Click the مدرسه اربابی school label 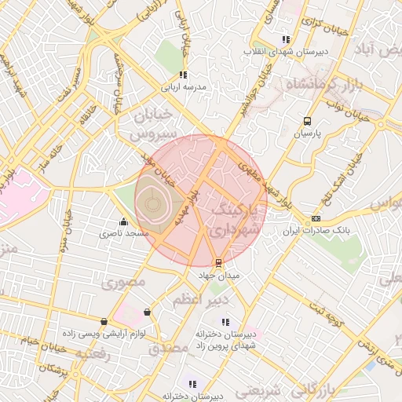click(x=182, y=88)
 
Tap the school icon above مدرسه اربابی click(x=182, y=75)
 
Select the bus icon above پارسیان click(x=307, y=122)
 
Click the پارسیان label click(x=308, y=134)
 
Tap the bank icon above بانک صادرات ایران click(x=316, y=218)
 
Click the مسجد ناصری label click(x=123, y=234)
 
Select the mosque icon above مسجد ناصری click(x=123, y=221)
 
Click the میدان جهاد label click(x=218, y=276)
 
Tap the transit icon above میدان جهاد click(x=218, y=263)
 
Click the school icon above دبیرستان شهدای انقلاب click(x=286, y=38)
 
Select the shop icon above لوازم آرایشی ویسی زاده click(x=104, y=321)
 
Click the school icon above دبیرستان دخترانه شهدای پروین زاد click(x=225, y=321)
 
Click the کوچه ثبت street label click(x=326, y=312)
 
